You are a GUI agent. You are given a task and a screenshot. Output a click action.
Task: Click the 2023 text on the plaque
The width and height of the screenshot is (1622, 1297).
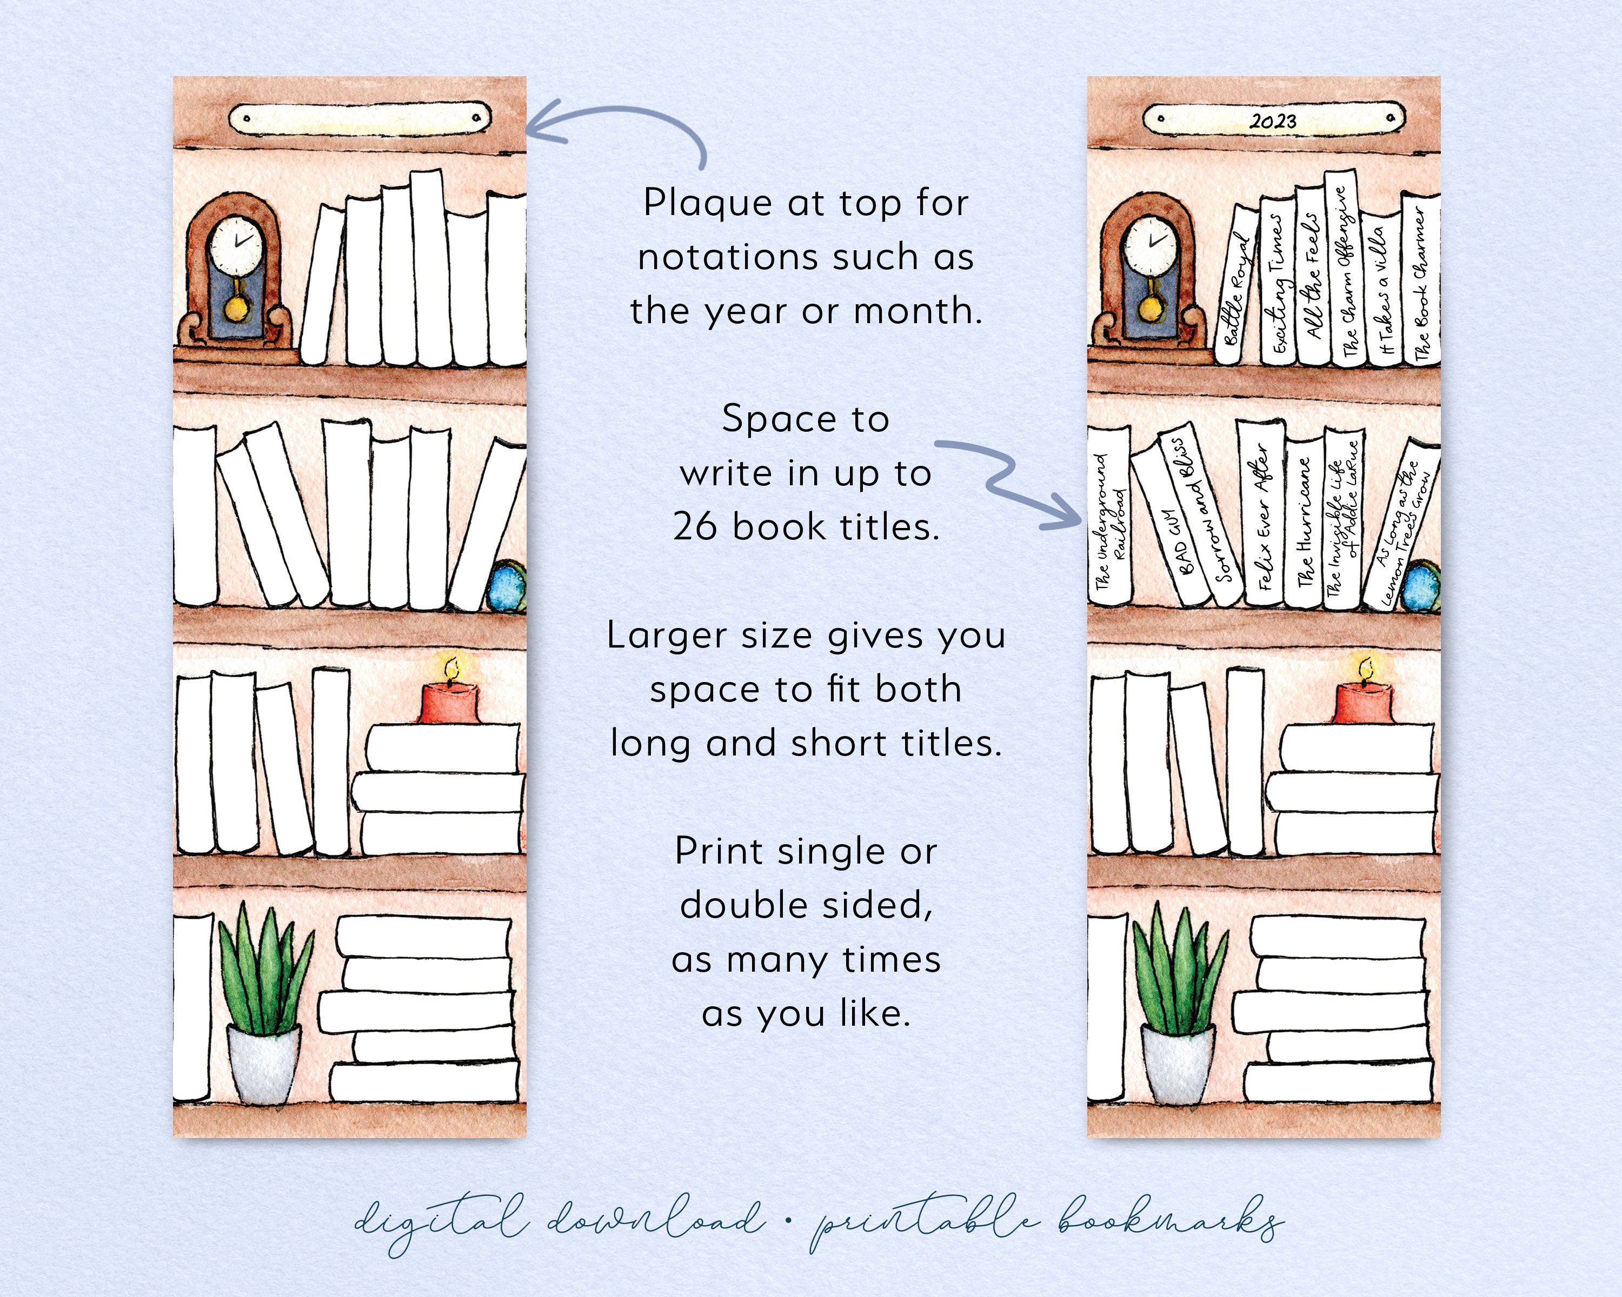point(1273,121)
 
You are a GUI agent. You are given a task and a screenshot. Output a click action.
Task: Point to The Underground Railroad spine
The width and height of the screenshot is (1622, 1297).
point(1109,519)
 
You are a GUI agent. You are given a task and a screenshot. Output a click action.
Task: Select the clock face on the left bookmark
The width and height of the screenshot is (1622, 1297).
point(236,244)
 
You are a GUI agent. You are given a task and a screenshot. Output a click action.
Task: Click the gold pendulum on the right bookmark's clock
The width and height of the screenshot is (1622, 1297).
point(1149,307)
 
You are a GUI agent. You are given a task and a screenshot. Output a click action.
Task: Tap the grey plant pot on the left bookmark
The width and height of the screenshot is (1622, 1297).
point(263,1064)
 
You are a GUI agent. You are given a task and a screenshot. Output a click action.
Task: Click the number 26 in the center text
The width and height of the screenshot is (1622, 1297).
point(696,527)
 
